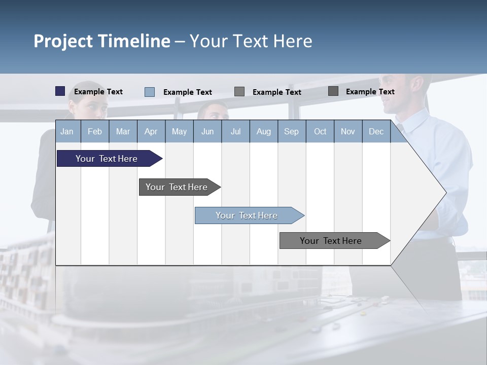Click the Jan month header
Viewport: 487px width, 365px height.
click(x=67, y=131)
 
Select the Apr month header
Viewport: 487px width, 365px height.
click(x=151, y=131)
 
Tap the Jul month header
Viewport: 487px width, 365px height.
click(x=235, y=131)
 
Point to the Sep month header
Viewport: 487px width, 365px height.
click(x=291, y=131)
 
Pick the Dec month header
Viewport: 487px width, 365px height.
click(x=376, y=131)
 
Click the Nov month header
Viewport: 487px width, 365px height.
click(x=347, y=131)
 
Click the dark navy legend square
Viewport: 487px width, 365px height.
click(x=60, y=91)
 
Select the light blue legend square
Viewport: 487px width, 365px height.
click(x=149, y=92)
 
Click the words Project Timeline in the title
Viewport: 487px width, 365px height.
click(x=102, y=41)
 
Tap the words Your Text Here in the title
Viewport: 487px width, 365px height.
click(x=251, y=41)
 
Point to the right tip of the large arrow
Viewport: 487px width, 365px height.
click(x=445, y=192)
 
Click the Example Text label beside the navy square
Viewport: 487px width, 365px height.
click(x=98, y=92)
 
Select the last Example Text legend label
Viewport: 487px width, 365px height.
click(x=370, y=92)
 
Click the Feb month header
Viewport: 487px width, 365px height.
click(x=95, y=131)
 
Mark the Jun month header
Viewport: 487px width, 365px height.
click(x=207, y=131)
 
